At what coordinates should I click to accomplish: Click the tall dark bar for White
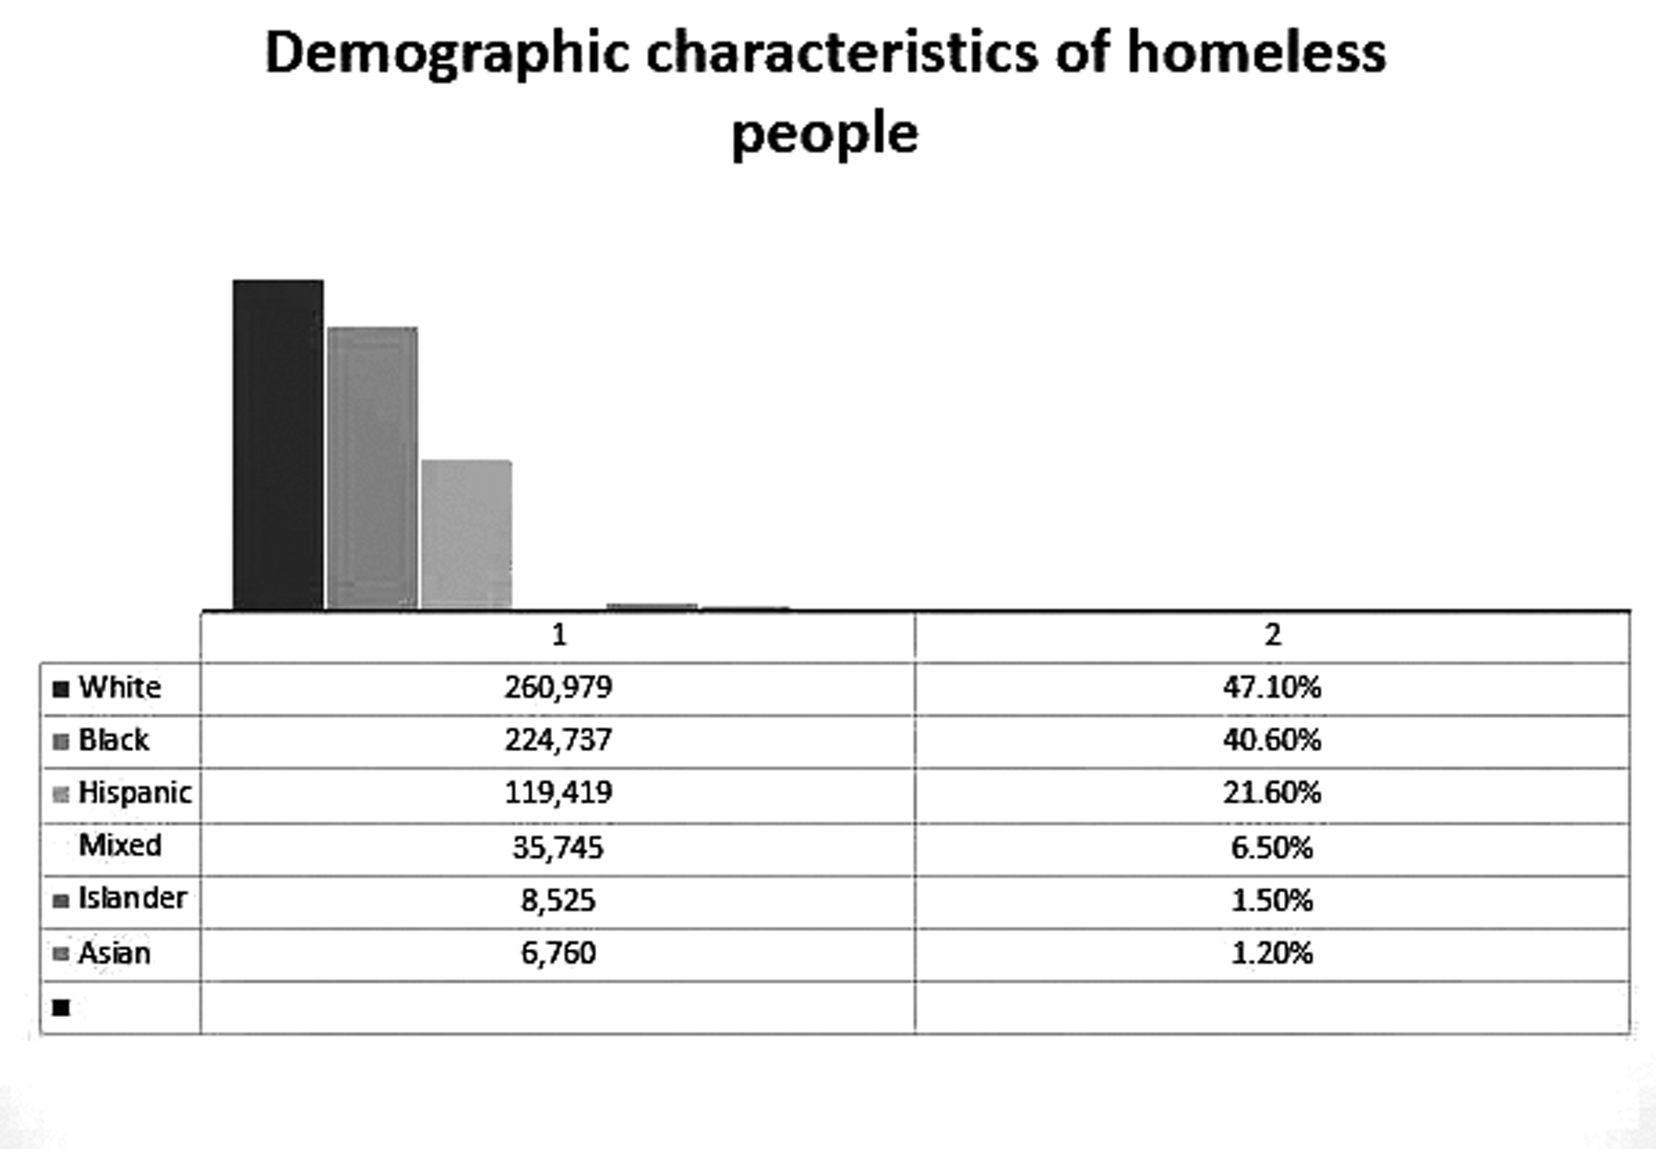(277, 445)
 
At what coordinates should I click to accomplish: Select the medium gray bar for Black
(372, 468)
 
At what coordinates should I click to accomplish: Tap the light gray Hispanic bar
(466, 534)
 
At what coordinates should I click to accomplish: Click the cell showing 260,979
(558, 687)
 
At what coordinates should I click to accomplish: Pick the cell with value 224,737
(558, 740)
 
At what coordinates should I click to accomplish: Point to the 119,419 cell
(558, 792)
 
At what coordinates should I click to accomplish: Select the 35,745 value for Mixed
(558, 848)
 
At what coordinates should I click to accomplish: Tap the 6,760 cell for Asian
(558, 953)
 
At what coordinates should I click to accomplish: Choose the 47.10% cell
(1271, 687)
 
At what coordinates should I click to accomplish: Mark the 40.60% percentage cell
(1271, 740)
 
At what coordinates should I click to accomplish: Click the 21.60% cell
(1271, 792)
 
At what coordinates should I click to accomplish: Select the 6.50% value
(1271, 848)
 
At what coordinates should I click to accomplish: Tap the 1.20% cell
(1271, 953)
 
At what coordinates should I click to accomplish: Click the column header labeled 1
(558, 635)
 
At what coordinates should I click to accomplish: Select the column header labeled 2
(1272, 635)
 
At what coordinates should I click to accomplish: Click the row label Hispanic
(134, 792)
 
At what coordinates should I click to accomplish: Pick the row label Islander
(132, 898)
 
